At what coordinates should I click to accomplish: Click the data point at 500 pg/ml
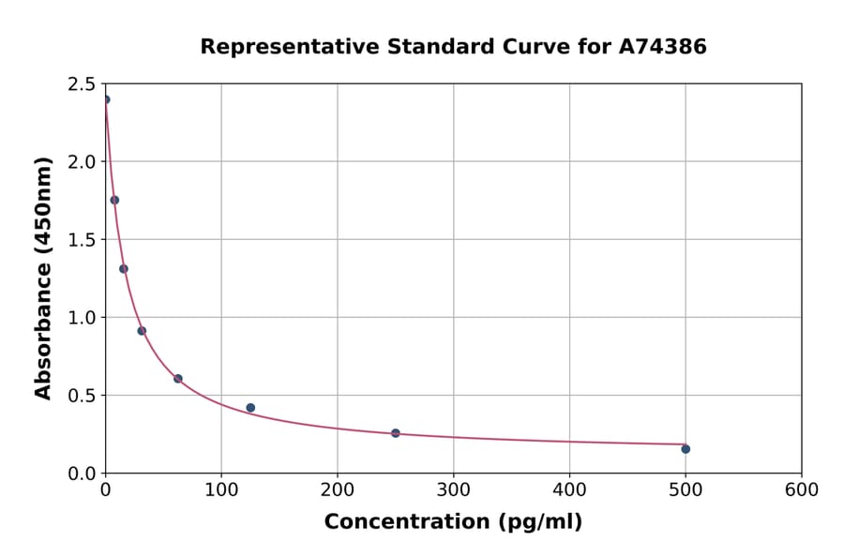click(x=686, y=449)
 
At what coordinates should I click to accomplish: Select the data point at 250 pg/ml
click(x=396, y=433)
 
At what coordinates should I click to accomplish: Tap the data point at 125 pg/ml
click(x=250, y=408)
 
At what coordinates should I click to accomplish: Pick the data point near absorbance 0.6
click(x=178, y=379)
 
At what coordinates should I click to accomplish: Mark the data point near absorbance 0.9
click(x=142, y=331)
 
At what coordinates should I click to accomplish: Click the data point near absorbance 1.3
click(x=124, y=269)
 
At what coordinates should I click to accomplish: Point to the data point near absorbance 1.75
click(x=114, y=200)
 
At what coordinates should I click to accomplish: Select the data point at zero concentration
click(x=106, y=99)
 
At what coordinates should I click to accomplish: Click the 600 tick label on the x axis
click(x=801, y=490)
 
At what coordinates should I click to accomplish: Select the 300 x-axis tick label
click(x=453, y=490)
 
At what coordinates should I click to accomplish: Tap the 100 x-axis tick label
click(x=221, y=490)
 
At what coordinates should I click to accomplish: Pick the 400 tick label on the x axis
click(x=569, y=490)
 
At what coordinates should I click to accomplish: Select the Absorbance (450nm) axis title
click(x=43, y=278)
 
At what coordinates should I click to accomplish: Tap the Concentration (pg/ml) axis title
click(x=453, y=522)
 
